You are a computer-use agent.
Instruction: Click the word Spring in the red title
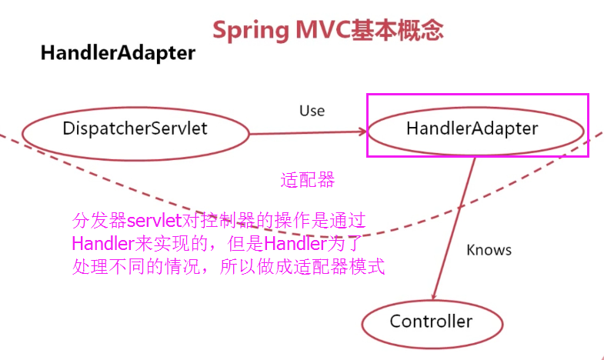[x=251, y=31]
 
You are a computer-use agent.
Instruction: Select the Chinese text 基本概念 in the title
[x=397, y=30]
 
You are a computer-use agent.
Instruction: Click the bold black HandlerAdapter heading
[x=118, y=53]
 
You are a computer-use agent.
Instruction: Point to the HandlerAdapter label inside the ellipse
[x=472, y=128]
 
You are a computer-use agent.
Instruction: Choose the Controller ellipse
[x=432, y=302]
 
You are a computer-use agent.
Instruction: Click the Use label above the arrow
[x=312, y=111]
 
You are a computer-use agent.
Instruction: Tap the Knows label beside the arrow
[x=489, y=250]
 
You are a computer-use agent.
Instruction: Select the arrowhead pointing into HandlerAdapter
[x=363, y=132]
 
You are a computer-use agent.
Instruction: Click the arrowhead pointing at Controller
[x=434, y=295]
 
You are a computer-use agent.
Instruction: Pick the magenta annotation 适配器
[x=308, y=180]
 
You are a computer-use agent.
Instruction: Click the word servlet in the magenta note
[x=154, y=221]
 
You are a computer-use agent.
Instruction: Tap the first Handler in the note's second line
[x=103, y=244]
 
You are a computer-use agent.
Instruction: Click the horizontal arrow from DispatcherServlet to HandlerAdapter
[x=309, y=133]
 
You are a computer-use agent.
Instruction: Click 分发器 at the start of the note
[x=99, y=221]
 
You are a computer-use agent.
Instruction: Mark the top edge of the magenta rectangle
[x=478, y=94]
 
